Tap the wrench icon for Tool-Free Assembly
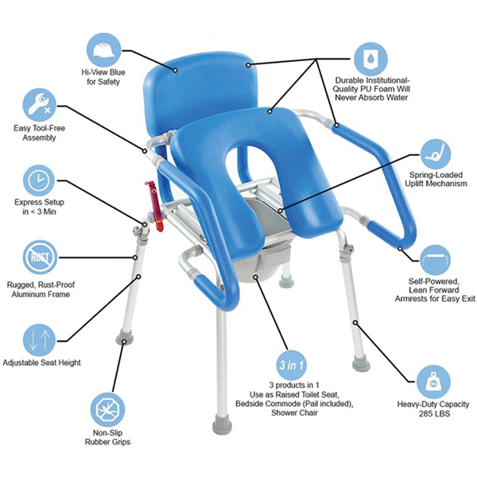pos(39,104)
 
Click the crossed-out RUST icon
pos(39,257)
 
